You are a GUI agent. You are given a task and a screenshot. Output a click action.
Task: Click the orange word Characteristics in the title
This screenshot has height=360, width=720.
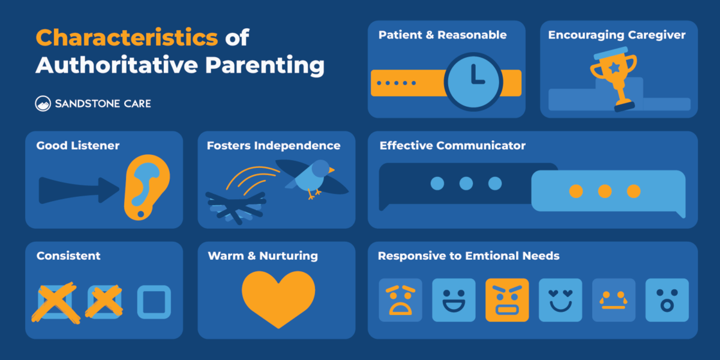[x=127, y=37]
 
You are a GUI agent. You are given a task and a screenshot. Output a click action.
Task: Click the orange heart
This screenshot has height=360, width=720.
[x=278, y=298]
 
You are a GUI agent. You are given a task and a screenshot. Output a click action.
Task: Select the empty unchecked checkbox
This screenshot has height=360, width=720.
[x=154, y=302]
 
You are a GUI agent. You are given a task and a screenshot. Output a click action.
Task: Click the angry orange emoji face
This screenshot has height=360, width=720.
[x=507, y=300]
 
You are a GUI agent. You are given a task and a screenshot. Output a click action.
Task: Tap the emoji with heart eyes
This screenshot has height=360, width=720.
[x=560, y=300]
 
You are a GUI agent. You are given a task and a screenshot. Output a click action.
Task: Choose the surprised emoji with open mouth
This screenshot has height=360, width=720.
[x=667, y=300]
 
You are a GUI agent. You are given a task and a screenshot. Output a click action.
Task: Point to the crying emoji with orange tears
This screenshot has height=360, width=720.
[x=613, y=300]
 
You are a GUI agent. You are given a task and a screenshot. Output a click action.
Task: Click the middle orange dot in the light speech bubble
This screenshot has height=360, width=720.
[x=605, y=191]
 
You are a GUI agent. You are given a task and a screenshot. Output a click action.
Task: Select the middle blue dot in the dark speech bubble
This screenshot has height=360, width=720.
[x=466, y=184]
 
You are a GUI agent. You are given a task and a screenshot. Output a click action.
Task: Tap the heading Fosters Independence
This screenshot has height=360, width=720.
[x=273, y=146]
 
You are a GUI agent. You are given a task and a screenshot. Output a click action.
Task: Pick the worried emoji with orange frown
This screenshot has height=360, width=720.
[x=400, y=300]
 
